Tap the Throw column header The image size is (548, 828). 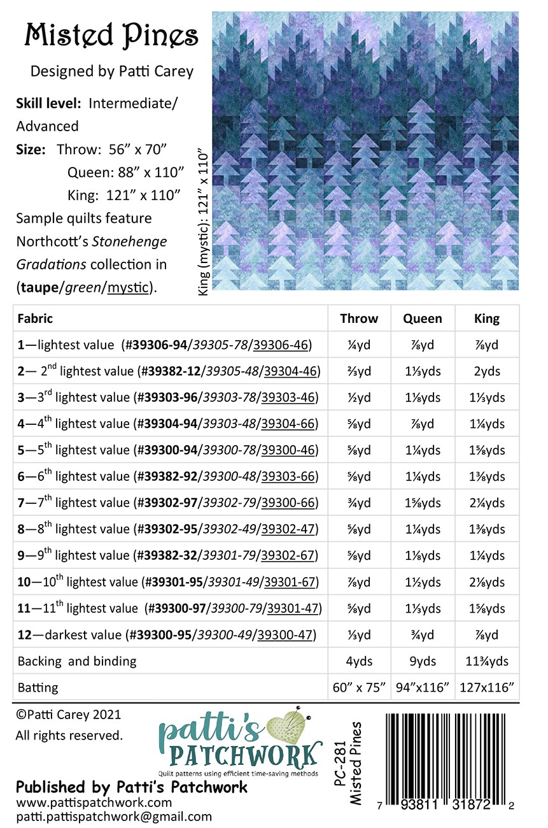359,318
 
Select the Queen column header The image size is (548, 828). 423,318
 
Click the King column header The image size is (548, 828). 487,318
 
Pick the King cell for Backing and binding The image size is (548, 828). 487,661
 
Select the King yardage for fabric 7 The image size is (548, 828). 487,503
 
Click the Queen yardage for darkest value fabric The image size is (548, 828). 423,635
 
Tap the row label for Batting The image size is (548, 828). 38,688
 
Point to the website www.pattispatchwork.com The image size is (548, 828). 94,803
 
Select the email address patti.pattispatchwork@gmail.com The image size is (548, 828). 114,817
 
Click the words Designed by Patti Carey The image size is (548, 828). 112,71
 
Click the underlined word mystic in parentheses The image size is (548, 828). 130,288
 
